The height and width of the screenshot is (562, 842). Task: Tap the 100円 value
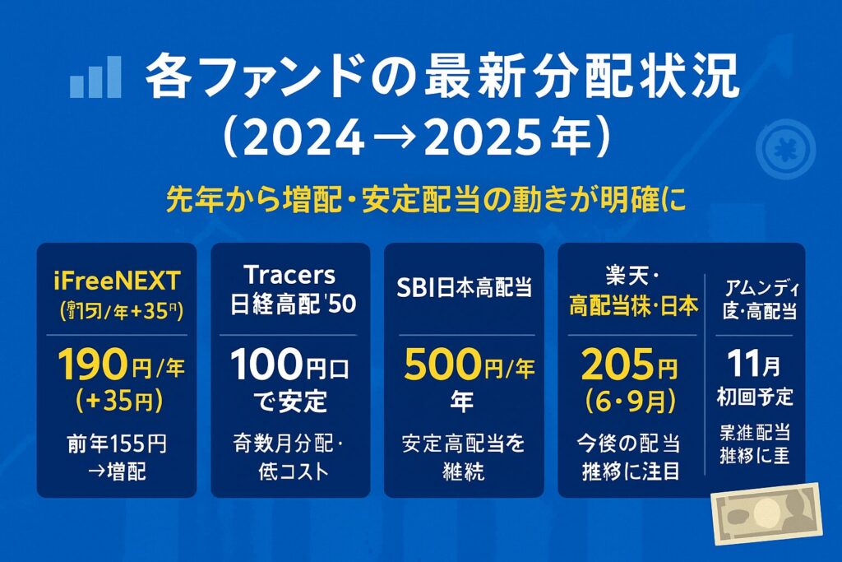(x=280, y=363)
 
